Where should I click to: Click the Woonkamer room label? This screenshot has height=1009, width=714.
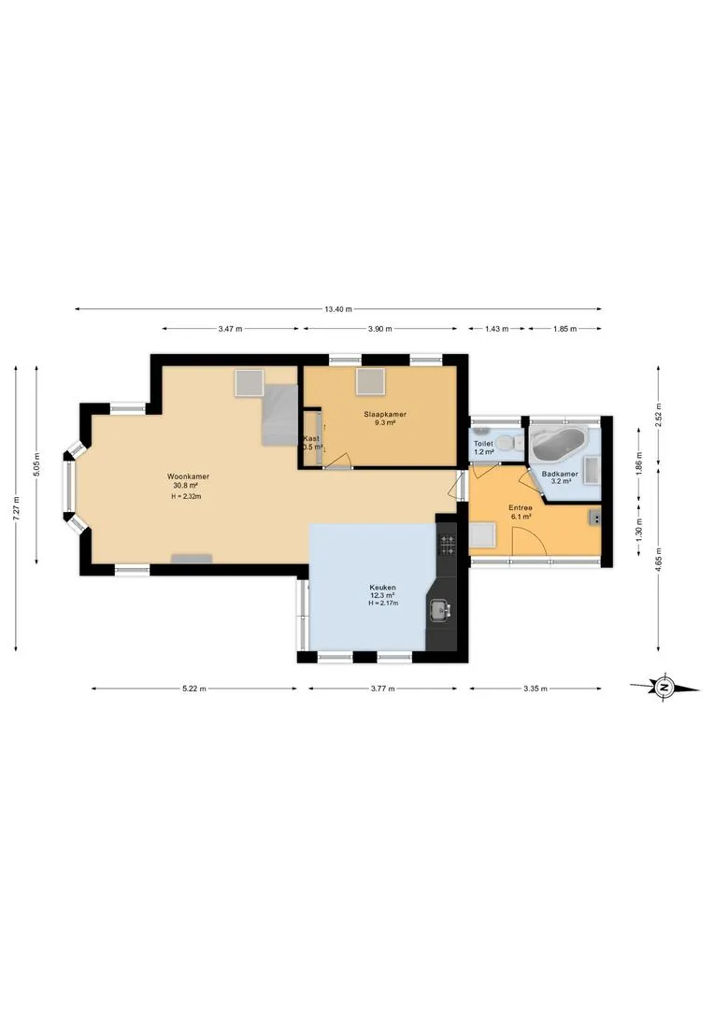coord(188,476)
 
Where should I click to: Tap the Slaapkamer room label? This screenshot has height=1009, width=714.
coord(385,415)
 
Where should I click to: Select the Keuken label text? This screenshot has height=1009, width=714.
coord(382,588)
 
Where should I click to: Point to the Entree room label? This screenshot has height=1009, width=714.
coord(521,507)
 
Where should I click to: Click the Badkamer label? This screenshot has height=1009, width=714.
coord(560,475)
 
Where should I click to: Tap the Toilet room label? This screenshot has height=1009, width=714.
coord(483,444)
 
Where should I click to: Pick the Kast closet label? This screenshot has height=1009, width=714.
coord(311,439)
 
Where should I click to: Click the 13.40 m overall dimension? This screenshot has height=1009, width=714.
coord(338,309)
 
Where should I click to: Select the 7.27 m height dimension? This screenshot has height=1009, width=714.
coord(17,508)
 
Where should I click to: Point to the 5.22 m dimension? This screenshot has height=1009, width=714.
coord(193,689)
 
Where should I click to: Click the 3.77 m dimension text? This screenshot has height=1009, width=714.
coord(382,689)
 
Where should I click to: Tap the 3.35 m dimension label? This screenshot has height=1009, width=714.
coord(535,689)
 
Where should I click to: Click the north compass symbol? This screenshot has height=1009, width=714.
coord(664,688)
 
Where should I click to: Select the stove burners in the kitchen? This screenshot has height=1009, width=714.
coord(447,545)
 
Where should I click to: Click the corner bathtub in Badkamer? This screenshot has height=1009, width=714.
coord(558,443)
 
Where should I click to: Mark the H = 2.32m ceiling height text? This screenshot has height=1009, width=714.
coord(186,496)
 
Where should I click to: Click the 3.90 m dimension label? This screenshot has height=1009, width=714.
coord(379,329)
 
